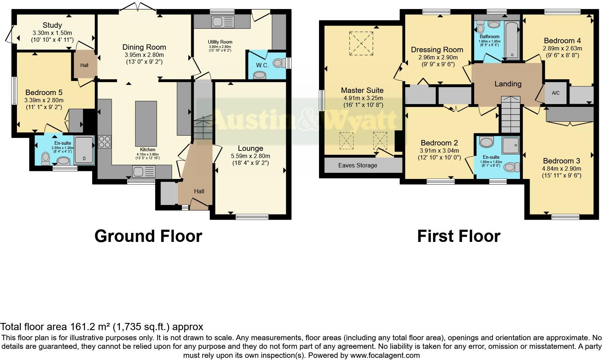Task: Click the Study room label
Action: [52, 25]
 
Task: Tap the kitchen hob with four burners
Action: [104, 141]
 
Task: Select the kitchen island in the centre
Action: [146, 122]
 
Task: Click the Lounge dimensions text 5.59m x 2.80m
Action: [250, 156]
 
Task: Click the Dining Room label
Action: [144, 47]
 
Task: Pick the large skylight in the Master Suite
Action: [361, 43]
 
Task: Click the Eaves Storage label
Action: [358, 166]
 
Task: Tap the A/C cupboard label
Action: [556, 93]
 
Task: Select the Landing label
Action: [508, 84]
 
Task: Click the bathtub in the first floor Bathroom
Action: [512, 40]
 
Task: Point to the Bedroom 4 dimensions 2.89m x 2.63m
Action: [562, 48]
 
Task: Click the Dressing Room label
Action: [437, 50]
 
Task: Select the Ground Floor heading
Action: [148, 236]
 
